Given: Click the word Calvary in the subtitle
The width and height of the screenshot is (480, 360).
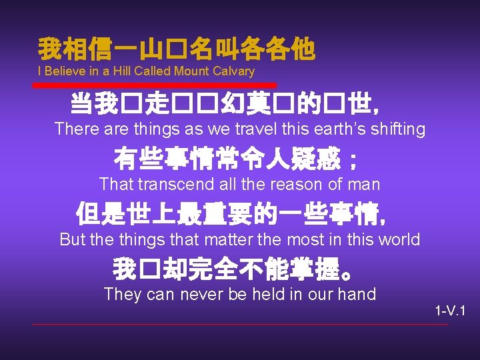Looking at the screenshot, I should (233, 71).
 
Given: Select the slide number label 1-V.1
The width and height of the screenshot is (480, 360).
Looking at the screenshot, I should (450, 311).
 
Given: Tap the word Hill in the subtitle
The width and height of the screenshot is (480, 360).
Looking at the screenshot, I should (120, 71).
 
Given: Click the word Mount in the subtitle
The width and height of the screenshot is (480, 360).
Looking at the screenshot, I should (192, 71).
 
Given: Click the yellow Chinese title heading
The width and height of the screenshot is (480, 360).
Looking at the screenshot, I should (176, 48).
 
